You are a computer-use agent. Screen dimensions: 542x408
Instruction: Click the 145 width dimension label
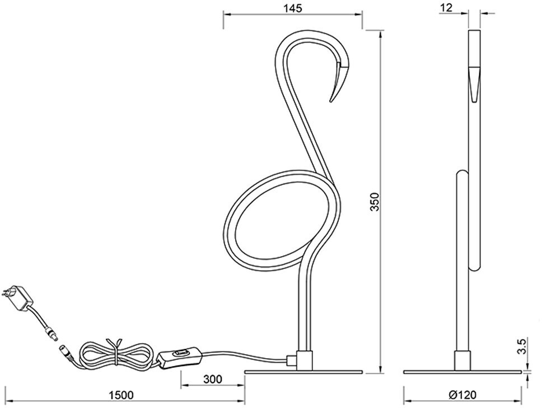point(293,8)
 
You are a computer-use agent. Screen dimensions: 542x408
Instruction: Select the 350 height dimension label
point(375,202)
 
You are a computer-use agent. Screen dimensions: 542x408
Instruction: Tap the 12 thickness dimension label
point(447,8)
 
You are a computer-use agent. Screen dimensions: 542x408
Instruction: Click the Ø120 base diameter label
point(462,395)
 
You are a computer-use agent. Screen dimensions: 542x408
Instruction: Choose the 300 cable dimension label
point(213,379)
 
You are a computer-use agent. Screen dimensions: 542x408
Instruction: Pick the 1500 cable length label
point(121,395)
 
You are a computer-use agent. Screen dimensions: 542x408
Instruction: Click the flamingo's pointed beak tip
point(330,101)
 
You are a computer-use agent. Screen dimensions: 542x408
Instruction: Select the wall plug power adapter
point(18,296)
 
